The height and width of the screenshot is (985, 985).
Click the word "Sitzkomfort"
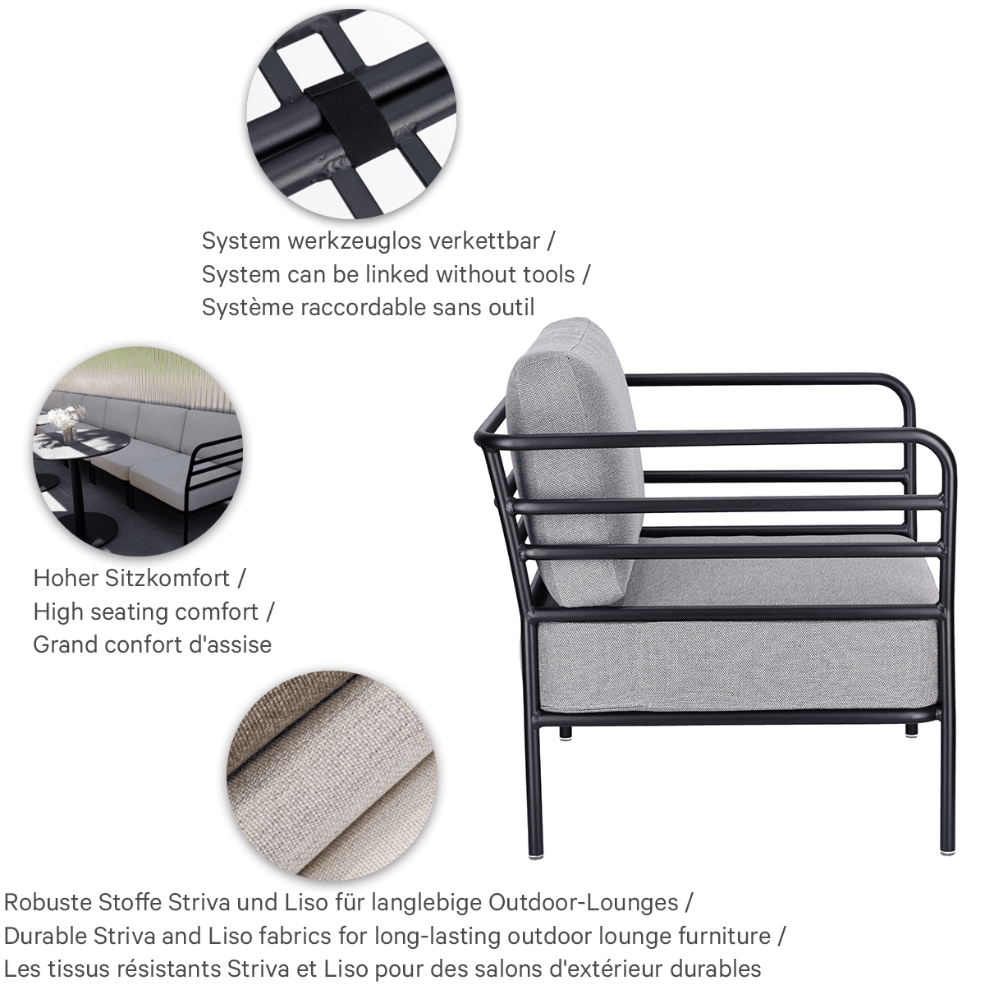167,579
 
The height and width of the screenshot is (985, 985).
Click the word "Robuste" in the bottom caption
48,902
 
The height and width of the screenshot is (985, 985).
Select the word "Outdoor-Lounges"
584,902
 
